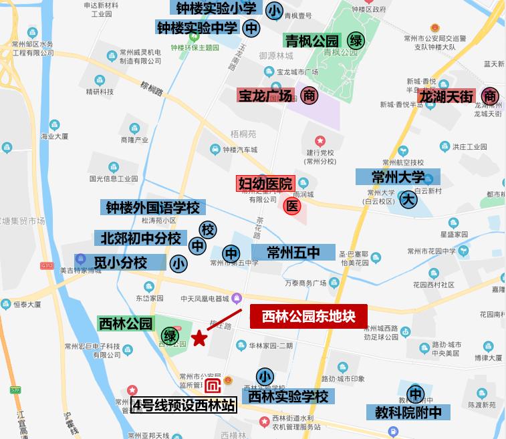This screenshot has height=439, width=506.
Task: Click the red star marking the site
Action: pos(199,339)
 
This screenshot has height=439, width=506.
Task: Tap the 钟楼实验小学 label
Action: pos(217,9)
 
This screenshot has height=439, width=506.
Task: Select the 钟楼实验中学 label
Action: pos(197,28)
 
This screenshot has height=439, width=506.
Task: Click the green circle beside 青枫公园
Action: pos(356,41)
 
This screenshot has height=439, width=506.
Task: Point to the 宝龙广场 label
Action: pos(265,96)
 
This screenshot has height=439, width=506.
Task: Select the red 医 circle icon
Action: pos(291,206)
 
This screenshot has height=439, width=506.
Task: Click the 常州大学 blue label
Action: pos(398,177)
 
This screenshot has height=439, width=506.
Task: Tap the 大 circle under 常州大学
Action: pos(408,198)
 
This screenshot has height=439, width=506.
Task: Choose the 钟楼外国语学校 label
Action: pos(153,208)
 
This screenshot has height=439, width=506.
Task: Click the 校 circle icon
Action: pos(209,229)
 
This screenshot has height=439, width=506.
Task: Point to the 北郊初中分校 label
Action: pos(141,238)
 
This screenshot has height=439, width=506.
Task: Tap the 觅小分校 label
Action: pos(120,262)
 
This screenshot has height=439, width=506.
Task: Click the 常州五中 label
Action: pos(293,252)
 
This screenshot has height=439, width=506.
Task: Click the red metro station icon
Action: pos(213,387)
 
